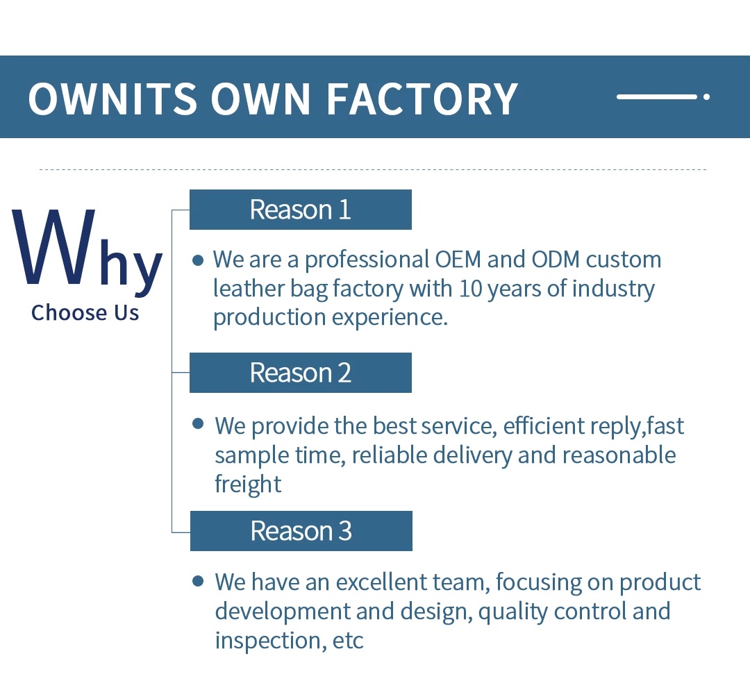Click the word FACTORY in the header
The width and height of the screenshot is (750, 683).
(422, 99)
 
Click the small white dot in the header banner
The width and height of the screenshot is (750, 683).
(706, 96)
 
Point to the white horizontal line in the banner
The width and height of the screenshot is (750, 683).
(657, 96)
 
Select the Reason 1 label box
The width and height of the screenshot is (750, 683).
(301, 210)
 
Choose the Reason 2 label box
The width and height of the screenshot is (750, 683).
(301, 373)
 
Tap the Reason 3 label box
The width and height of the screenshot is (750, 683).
(301, 531)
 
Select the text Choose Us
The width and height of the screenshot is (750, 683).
(85, 312)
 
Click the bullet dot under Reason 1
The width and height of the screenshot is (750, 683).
(197, 260)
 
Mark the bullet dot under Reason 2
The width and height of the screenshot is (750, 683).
(197, 423)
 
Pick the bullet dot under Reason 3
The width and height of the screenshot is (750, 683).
(197, 581)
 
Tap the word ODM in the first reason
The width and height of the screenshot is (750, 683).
(556, 260)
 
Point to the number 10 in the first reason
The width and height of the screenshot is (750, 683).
(470, 289)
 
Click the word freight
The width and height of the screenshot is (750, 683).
(248, 484)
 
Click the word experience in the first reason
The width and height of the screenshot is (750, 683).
(390, 318)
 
